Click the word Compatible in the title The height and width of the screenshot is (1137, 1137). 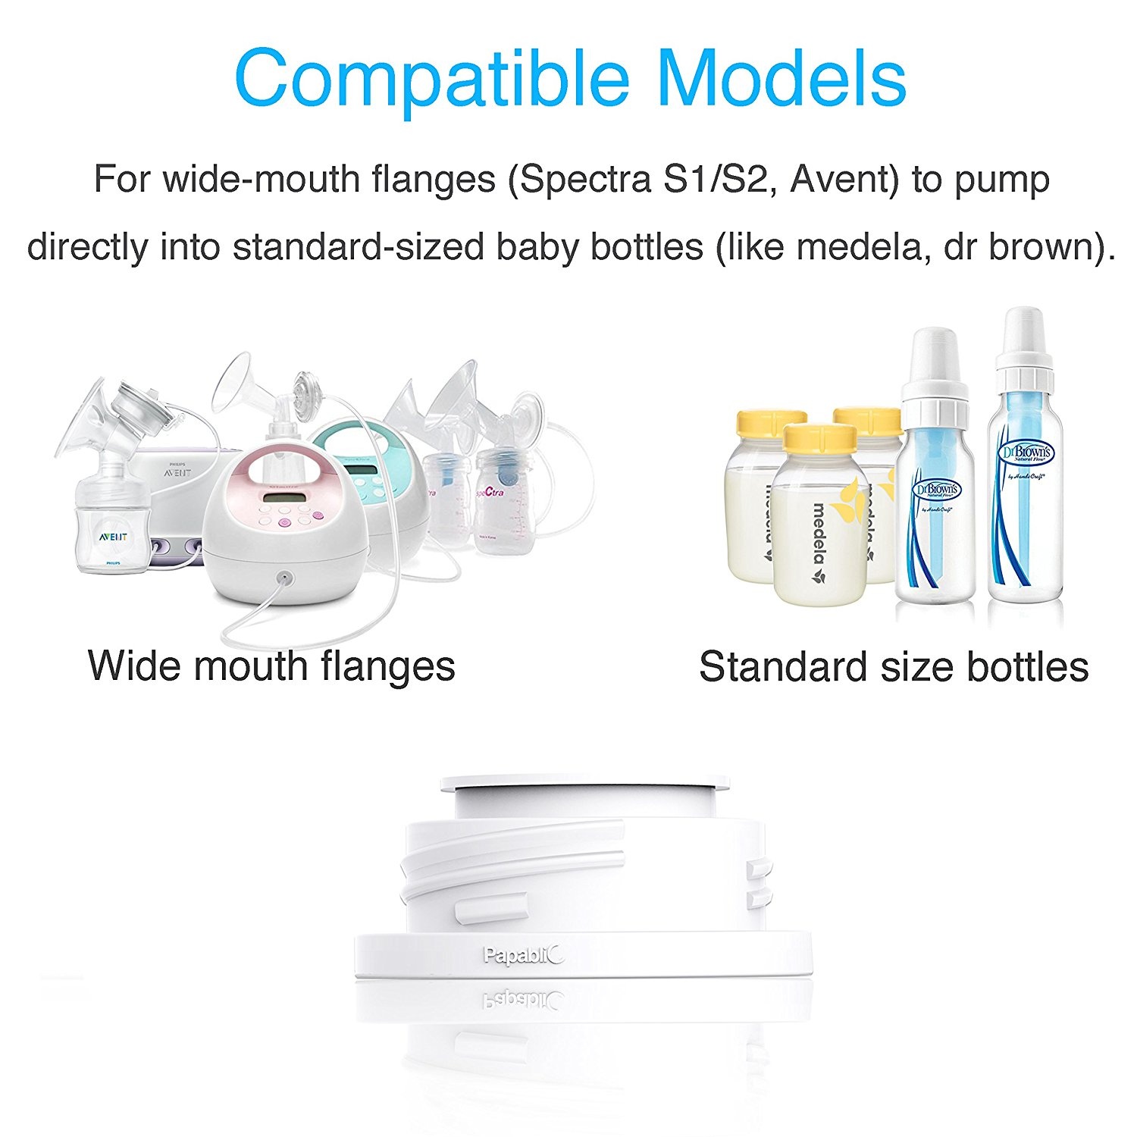(432, 79)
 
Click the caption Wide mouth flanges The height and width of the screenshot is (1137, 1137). (271, 666)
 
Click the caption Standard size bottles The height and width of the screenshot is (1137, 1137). (894, 667)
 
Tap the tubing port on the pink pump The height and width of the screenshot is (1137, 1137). (283, 578)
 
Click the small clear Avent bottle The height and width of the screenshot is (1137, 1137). (114, 523)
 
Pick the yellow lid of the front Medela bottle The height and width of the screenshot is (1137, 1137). (819, 437)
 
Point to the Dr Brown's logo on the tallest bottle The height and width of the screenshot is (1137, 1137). (1027, 453)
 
